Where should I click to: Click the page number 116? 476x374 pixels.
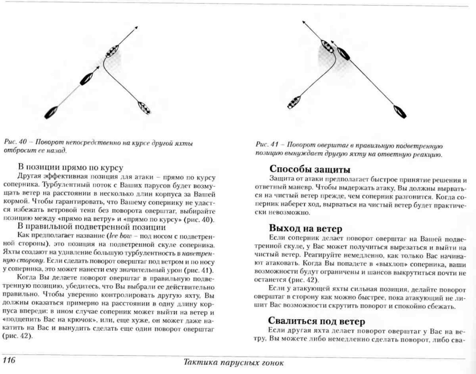[x=9, y=360]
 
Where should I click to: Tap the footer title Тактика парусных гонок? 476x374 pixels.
[x=233, y=362]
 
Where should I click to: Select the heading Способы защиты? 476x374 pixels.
[x=310, y=169]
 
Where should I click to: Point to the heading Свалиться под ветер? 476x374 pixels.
[x=316, y=321]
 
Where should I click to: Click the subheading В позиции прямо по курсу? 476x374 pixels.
[x=70, y=167]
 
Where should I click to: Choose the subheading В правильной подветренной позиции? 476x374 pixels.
[x=91, y=227]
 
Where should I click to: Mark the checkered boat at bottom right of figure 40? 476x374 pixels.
[x=144, y=108]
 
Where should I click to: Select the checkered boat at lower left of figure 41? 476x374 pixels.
[x=294, y=102]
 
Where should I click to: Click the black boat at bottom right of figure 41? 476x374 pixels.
[x=400, y=112]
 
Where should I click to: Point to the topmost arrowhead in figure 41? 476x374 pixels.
[x=304, y=22]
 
